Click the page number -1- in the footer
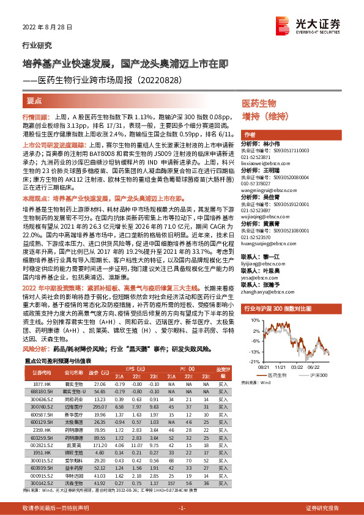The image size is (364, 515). pos(182,509)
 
